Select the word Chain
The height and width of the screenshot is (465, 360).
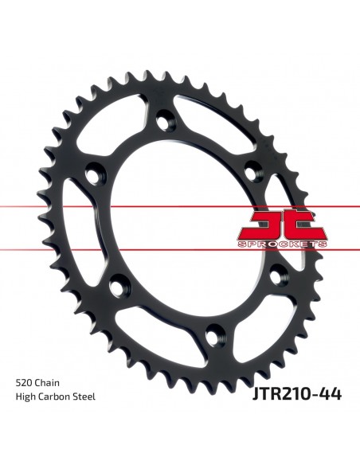pyautogui.click(x=47, y=383)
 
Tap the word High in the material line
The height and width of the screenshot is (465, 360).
pyautogui.click(x=25, y=397)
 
